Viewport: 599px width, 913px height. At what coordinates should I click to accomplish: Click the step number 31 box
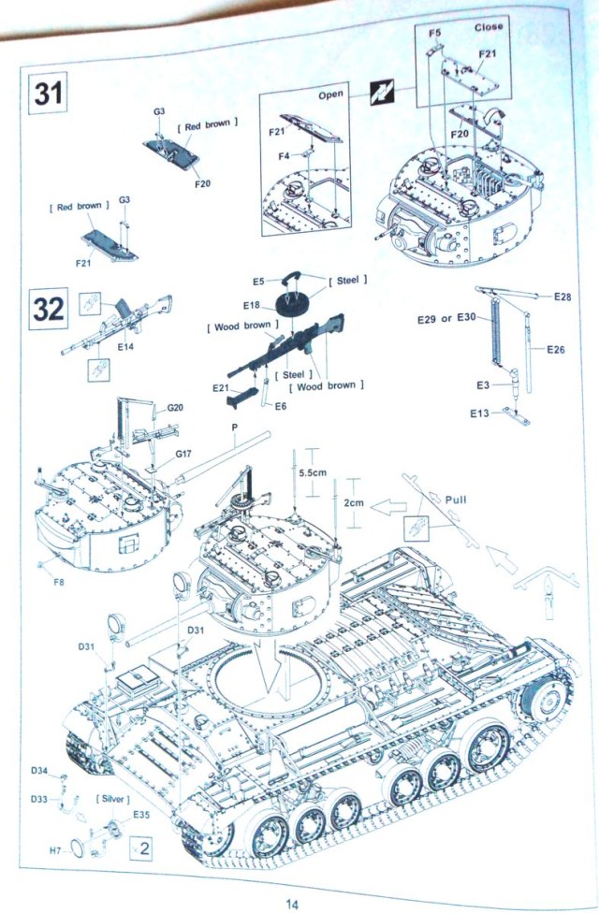tap(47, 94)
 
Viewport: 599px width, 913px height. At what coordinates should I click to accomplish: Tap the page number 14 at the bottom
tap(292, 904)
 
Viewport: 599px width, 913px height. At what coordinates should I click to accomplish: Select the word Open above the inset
tap(331, 94)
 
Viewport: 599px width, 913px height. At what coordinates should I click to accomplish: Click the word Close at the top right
tap(488, 27)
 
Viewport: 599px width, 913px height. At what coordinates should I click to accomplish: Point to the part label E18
tap(251, 305)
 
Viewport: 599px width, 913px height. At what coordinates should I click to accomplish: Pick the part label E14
tap(126, 347)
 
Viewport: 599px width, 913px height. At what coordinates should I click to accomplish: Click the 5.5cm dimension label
tap(313, 473)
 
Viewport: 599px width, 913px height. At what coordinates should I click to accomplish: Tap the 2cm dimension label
tap(354, 503)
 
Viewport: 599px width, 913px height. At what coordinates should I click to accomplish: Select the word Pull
tap(456, 500)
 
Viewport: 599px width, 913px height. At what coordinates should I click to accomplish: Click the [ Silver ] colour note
tap(112, 799)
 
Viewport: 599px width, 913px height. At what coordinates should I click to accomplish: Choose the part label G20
tap(176, 408)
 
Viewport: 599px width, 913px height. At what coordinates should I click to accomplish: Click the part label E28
tap(562, 297)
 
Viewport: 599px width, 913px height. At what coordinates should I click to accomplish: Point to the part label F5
tap(434, 34)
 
